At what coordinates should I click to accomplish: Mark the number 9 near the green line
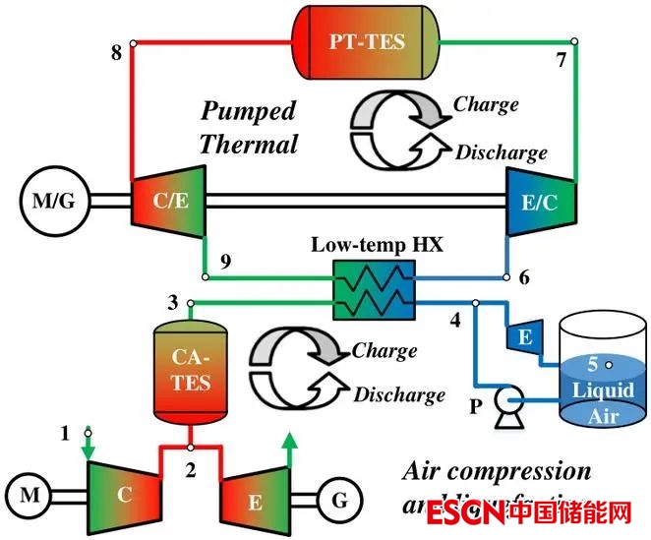coord(224,262)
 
